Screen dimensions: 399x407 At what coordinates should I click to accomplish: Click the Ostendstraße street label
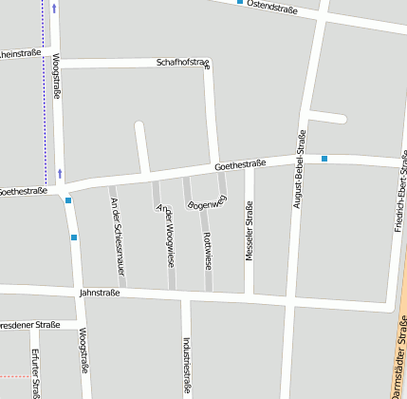[272, 8]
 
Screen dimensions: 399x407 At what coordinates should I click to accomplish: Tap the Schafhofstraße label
[183, 63]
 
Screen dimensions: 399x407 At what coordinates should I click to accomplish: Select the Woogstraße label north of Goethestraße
[56, 76]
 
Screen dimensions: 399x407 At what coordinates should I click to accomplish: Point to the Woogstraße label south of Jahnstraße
[83, 351]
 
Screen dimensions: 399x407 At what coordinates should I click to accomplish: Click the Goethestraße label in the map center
[240, 164]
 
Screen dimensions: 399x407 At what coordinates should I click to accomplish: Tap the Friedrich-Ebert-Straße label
[401, 190]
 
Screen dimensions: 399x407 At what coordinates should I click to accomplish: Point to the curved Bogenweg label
[208, 201]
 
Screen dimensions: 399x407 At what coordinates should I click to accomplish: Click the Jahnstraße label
[100, 293]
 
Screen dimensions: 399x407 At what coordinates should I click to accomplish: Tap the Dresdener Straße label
[28, 325]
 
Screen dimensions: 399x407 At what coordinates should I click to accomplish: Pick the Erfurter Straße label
[35, 372]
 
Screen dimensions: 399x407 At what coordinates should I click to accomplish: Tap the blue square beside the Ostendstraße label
[240, 3]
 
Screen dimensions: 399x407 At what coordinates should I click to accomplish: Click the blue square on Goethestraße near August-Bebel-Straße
[324, 158]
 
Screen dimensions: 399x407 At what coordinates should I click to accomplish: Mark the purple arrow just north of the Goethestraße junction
[61, 173]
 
